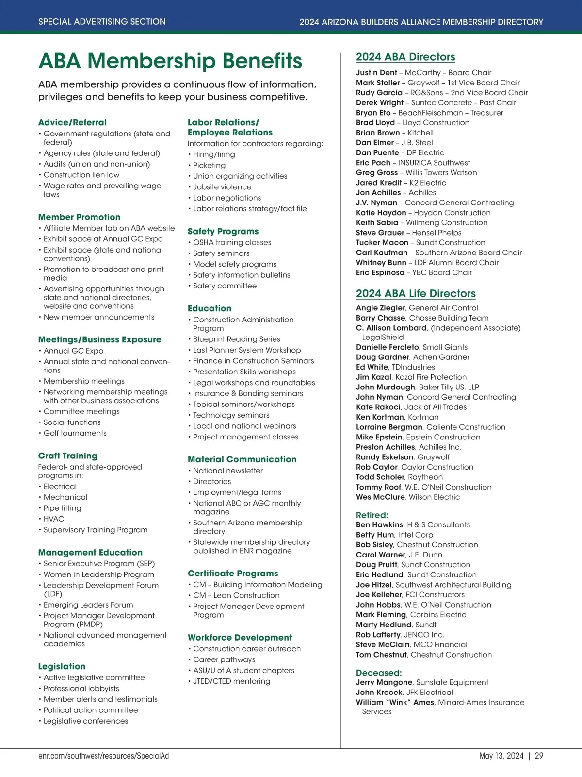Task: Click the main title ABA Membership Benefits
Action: tap(170, 61)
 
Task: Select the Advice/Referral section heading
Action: tap(72, 123)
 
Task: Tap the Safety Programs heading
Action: tap(223, 232)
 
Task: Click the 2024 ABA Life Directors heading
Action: tap(416, 294)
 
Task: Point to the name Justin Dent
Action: tap(376, 73)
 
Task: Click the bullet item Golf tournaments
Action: tap(75, 433)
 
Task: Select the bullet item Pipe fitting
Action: tap(63, 508)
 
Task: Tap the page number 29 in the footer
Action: tap(539, 756)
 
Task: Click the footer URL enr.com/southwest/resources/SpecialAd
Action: tap(103, 756)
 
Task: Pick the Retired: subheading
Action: tap(372, 515)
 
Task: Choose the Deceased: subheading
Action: tap(379, 673)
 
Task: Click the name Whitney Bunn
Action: tap(381, 263)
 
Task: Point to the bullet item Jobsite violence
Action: tap(222, 187)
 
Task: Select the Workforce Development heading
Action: tap(240, 638)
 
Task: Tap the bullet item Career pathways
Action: tap(224, 659)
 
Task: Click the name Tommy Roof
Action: tap(378, 487)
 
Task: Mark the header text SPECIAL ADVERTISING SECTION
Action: tap(102, 22)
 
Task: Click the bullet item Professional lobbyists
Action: tap(81, 689)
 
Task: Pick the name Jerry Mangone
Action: tap(384, 682)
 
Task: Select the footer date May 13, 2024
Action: tap(501, 756)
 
